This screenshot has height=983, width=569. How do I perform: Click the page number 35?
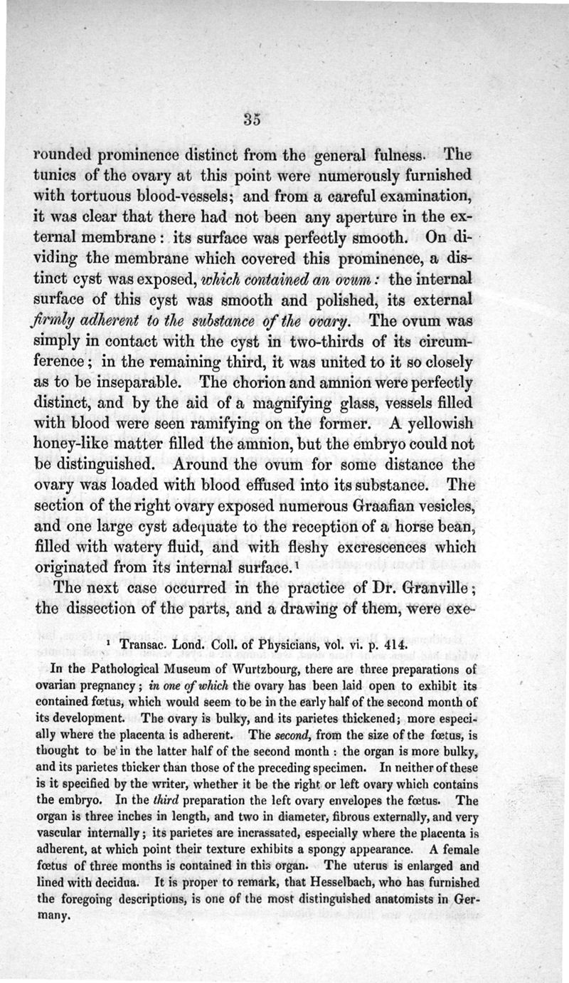(x=252, y=120)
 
